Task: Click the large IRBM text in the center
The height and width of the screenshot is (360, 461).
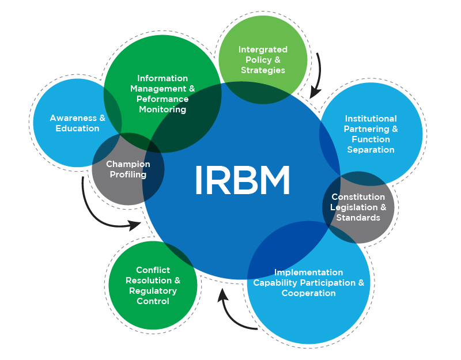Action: point(242,180)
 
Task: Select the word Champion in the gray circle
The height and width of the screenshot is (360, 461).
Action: point(128,164)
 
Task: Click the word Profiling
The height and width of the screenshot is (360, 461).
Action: point(128,175)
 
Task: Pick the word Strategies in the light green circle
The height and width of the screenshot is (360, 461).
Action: point(263,70)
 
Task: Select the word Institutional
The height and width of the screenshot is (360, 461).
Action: point(371,119)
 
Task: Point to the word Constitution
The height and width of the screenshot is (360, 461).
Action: point(358,197)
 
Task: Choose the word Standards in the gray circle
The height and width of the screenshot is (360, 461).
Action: point(358,218)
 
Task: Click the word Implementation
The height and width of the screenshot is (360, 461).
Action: point(308,272)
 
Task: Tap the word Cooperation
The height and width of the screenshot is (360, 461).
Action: point(308,293)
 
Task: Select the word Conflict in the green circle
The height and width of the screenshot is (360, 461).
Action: point(153,270)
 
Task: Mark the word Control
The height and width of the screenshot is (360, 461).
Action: point(153,301)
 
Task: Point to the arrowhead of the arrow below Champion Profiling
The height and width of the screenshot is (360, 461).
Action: point(136,224)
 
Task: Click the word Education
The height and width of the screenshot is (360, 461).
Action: point(77,128)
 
